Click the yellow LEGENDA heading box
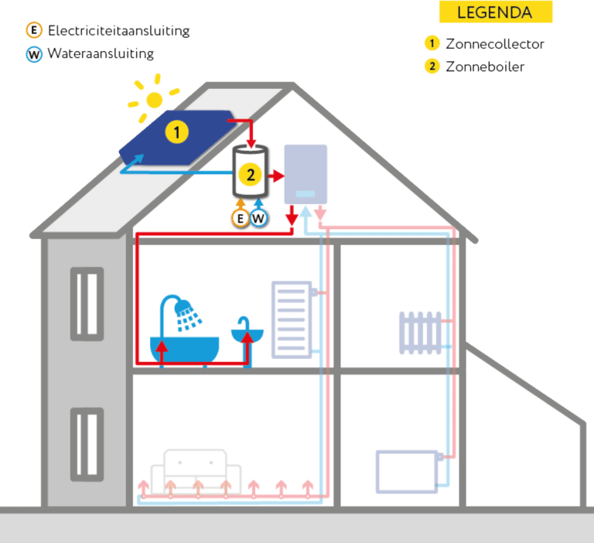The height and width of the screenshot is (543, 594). [495, 12]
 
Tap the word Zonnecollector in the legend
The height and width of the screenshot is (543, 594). [495, 43]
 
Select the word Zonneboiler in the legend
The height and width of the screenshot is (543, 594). [485, 67]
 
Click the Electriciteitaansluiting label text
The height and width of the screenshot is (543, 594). [118, 31]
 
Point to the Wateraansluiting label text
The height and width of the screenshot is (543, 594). [101, 54]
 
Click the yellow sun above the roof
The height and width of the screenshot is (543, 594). [155, 99]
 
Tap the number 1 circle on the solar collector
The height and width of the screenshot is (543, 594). [176, 133]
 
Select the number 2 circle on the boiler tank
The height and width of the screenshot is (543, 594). [250, 175]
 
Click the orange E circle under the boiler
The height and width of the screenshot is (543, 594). [241, 218]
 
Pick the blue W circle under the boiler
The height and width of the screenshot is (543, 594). [259, 218]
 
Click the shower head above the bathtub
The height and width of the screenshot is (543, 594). [187, 314]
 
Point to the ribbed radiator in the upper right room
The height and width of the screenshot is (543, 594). [420, 333]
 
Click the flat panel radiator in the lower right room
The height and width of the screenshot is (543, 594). [407, 471]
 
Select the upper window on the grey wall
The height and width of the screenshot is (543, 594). [87, 303]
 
